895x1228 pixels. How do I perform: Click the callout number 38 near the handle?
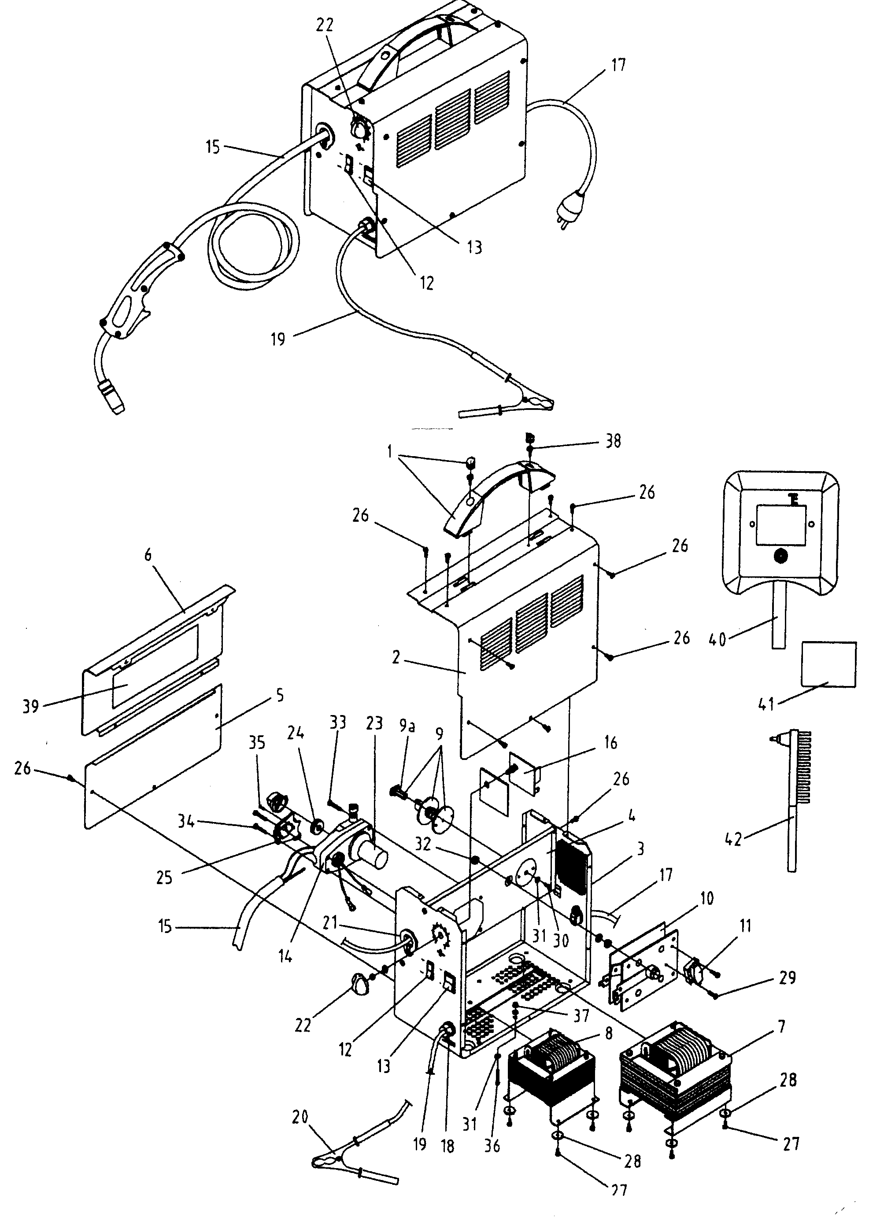[613, 441]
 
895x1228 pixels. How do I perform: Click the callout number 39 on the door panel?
[30, 707]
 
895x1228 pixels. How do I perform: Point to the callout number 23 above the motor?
[374, 723]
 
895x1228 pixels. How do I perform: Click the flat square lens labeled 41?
[828, 664]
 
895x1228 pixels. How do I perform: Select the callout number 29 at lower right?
[787, 978]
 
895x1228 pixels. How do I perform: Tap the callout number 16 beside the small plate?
[610, 742]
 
